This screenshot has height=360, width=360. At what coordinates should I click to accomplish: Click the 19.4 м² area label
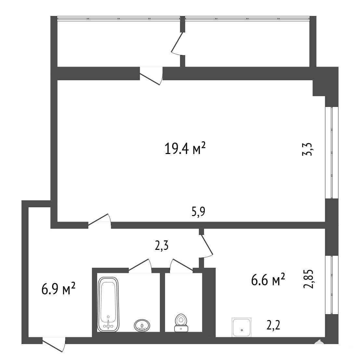[185, 148]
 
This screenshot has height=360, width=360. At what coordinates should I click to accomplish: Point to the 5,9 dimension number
[198, 212]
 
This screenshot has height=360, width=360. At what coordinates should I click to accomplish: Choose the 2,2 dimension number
[273, 325]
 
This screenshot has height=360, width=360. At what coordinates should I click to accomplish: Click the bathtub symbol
[108, 304]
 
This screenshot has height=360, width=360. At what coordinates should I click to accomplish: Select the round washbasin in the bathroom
[142, 325]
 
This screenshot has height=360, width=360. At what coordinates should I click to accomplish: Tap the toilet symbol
[181, 323]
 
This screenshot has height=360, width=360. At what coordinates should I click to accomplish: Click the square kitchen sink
[241, 328]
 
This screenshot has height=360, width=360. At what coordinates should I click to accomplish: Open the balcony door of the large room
[151, 75]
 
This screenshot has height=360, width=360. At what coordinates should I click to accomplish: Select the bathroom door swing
[140, 265]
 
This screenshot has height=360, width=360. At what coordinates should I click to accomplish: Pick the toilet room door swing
[181, 266]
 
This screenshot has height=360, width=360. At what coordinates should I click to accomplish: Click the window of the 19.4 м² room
[332, 153]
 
